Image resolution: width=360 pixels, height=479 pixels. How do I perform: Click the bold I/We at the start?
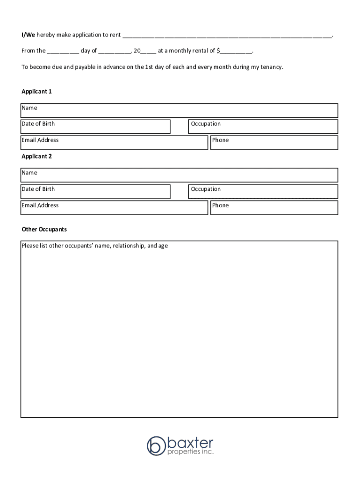[28, 35]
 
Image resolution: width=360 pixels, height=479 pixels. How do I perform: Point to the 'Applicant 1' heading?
[36, 91]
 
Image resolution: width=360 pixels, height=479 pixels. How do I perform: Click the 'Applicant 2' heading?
[36, 156]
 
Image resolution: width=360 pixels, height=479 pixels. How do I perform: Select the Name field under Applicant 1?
[179, 110]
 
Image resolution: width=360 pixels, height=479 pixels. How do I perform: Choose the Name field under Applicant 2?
[179, 175]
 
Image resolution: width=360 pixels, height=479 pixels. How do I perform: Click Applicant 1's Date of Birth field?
[95, 127]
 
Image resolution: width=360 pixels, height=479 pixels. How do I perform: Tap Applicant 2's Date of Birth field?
[95, 192]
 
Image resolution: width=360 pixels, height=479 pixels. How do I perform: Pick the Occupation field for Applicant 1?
[263, 127]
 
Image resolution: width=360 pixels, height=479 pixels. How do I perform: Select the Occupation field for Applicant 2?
[263, 192]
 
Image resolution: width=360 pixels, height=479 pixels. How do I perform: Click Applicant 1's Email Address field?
[114, 143]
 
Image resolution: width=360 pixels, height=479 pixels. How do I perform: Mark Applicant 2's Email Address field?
[114, 208]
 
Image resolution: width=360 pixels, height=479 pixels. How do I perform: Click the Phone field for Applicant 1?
[274, 143]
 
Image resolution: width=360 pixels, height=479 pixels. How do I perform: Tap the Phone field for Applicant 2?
[274, 208]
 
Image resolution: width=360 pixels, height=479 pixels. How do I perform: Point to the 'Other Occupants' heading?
[44, 229]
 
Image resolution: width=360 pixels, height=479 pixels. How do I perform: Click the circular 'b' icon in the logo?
[156, 445]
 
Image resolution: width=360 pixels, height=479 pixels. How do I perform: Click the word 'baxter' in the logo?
[190, 442]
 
